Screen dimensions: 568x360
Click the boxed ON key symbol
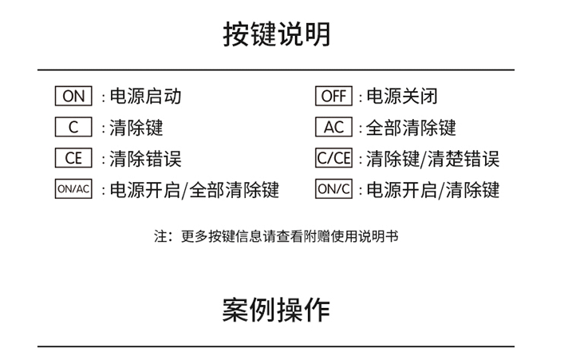pos(73,96)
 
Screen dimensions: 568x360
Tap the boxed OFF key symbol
pos(333,96)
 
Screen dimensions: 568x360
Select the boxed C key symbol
pos(73,127)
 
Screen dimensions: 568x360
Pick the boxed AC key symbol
pos(333,127)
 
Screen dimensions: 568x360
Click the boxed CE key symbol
pos(73,158)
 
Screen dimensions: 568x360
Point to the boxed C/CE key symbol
pos(333,158)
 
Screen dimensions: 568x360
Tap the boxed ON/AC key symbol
pos(73,188)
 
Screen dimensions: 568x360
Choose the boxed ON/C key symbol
pos(333,188)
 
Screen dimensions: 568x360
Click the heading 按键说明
pos(276,34)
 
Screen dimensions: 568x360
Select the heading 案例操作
pos(276,311)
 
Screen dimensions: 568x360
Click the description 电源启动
pos(145,96)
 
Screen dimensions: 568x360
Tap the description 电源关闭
pos(402,96)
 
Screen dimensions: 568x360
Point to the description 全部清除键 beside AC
pos(411,128)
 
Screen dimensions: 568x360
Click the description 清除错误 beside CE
pos(145,159)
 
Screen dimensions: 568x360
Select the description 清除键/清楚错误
pos(433,159)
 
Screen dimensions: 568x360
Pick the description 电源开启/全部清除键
pos(195,190)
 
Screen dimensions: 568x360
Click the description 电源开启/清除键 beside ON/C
pos(433,190)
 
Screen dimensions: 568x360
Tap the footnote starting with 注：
pos(276,236)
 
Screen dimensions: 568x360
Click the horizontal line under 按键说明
pos(276,69)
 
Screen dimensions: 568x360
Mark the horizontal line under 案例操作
pos(276,346)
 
